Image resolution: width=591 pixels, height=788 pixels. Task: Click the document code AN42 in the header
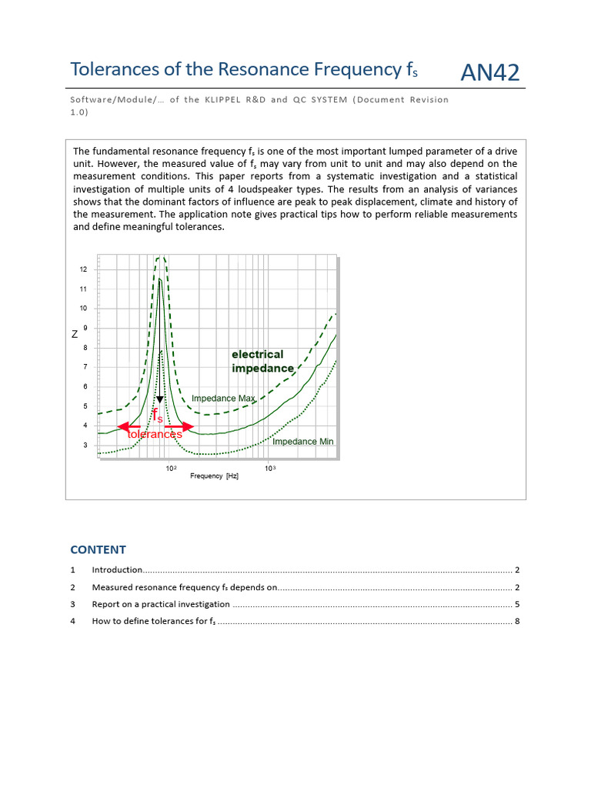(x=489, y=72)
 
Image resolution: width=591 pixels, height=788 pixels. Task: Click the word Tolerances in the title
(x=115, y=69)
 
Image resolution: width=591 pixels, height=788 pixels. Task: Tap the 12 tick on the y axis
(x=82, y=269)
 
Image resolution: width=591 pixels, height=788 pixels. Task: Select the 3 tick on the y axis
(x=85, y=446)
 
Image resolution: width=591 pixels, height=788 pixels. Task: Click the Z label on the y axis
(x=75, y=334)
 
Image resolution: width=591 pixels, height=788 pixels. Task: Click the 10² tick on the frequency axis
(x=170, y=468)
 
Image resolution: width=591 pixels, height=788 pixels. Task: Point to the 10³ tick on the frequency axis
(x=270, y=468)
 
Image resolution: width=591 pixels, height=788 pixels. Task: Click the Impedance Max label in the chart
(x=222, y=399)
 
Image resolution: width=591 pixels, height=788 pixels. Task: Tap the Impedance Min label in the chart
(x=302, y=442)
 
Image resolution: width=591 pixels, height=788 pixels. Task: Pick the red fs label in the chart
(x=157, y=416)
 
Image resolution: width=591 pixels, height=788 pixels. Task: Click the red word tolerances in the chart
(x=154, y=434)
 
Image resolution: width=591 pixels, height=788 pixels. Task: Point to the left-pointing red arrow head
(x=122, y=426)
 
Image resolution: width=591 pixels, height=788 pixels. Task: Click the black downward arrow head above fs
(x=159, y=400)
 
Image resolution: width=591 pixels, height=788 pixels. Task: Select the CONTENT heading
(x=98, y=549)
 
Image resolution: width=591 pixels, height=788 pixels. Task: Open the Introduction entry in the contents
(x=117, y=570)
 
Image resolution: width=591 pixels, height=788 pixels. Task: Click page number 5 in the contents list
(x=517, y=604)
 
